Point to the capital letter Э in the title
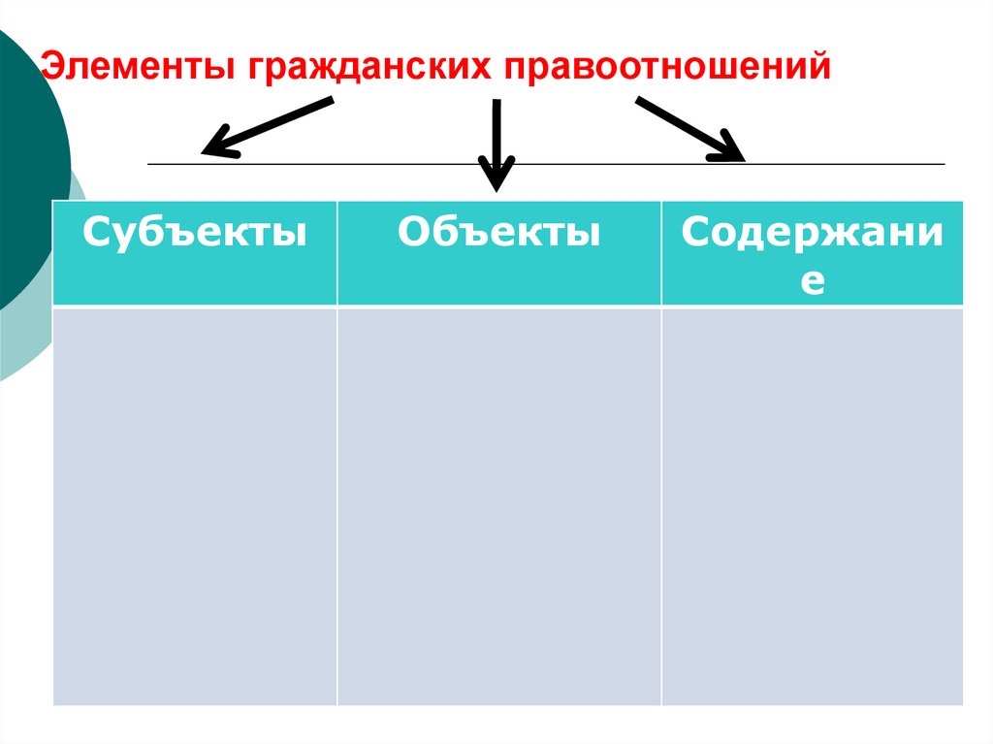tap(49, 67)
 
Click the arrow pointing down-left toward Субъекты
tap(267, 126)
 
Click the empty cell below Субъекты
tap(195, 504)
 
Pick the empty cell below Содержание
tap(813, 504)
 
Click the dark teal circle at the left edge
tap(24, 165)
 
